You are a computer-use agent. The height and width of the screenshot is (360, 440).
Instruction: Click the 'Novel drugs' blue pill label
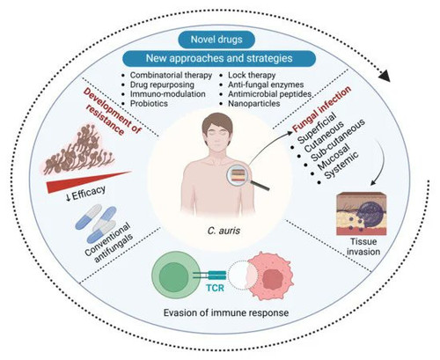216,40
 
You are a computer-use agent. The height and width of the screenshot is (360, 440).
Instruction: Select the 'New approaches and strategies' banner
219,58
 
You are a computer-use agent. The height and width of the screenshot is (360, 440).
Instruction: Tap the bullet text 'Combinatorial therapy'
171,76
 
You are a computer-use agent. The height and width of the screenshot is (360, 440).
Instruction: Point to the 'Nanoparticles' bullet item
254,104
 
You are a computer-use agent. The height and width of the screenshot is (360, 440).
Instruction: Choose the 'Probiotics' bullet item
149,104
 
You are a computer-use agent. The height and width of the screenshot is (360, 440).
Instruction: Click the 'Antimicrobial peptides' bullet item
270,94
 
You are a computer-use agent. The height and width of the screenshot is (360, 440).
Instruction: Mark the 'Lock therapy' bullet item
252,76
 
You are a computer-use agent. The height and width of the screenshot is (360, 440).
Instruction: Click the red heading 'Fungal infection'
322,109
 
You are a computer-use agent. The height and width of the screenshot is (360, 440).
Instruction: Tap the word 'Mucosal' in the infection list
334,157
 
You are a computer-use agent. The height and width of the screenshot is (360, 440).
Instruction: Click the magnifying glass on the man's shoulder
246,177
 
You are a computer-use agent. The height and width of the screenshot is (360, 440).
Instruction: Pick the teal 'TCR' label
215,288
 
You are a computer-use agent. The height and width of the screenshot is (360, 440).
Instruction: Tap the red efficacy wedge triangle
88,182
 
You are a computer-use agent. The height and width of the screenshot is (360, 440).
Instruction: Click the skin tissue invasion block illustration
362,214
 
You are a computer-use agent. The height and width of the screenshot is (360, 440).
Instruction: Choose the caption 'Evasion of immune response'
226,312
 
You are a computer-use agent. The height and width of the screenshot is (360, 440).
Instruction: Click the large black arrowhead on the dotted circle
385,77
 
